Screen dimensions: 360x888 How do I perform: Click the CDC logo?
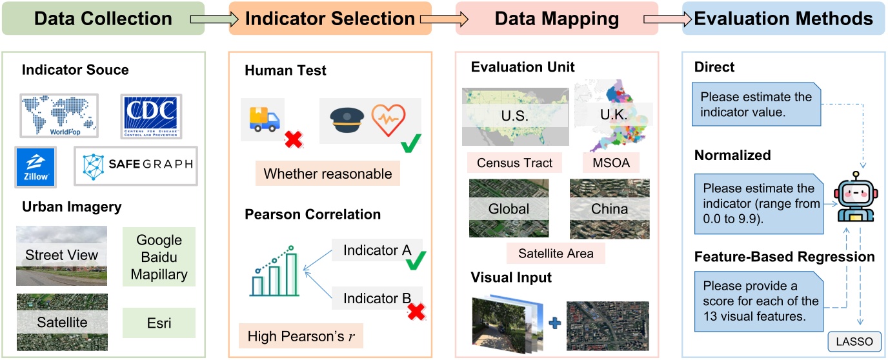click(151, 116)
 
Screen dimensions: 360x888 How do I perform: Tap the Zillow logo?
click(36, 167)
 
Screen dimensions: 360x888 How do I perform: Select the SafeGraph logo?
click(135, 166)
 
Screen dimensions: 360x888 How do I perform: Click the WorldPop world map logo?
click(59, 115)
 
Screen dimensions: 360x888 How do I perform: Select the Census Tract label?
click(514, 163)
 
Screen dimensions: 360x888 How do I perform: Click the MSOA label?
click(610, 163)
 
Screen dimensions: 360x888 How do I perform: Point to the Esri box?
click(159, 322)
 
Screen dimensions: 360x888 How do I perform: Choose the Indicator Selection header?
click(330, 18)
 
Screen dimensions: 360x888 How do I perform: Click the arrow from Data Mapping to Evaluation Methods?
click(662, 19)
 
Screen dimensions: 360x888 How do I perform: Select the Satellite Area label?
click(556, 254)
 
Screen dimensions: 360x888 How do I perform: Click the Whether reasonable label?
click(328, 174)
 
